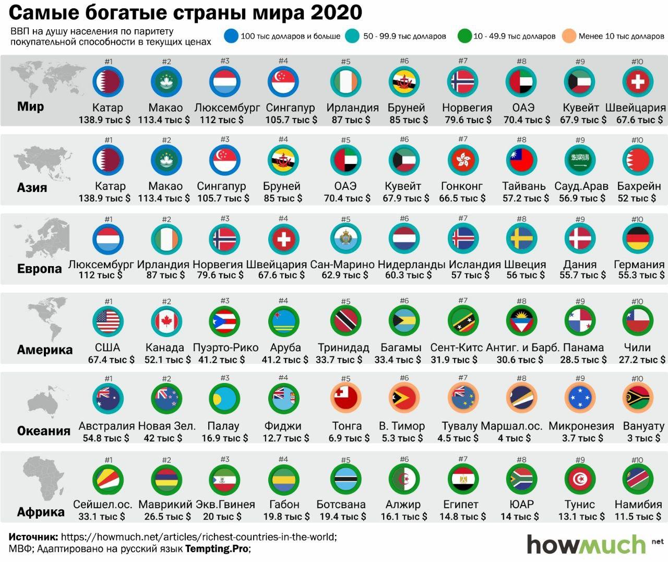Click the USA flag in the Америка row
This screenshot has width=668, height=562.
[x=108, y=320]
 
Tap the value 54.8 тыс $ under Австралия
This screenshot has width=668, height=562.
[x=106, y=438]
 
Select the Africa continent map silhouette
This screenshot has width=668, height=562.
[x=41, y=481]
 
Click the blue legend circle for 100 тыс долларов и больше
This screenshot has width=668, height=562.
[x=231, y=36]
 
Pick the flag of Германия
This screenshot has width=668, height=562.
[x=638, y=239]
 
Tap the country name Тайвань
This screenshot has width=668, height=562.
[x=524, y=186]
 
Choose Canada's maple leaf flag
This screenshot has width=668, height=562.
[x=166, y=320]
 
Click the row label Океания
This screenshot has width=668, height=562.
[x=44, y=431]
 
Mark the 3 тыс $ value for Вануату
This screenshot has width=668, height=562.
[x=643, y=438]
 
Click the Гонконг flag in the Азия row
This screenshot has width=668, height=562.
[x=463, y=159]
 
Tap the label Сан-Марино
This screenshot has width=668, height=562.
[x=342, y=265]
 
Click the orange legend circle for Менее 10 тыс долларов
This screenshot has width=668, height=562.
[x=569, y=36]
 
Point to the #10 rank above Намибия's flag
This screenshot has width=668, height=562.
[x=637, y=460]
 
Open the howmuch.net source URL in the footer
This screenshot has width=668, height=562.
[x=199, y=537]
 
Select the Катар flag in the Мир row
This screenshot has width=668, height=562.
[x=108, y=81]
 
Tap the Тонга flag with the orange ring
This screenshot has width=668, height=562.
[x=346, y=398]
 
